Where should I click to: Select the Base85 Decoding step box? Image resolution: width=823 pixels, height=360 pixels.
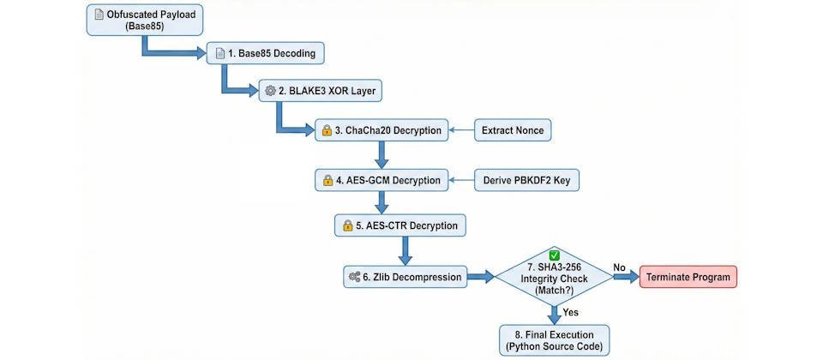coord(267,54)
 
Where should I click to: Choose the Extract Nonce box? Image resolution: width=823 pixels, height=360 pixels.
coord(512,131)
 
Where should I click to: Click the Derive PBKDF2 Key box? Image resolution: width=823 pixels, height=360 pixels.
coord(526,181)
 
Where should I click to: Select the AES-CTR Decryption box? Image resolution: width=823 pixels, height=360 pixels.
coord(401,226)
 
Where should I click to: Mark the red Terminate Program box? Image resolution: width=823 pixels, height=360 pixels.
coord(688,277)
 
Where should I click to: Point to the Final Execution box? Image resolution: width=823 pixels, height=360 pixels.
coord(556,339)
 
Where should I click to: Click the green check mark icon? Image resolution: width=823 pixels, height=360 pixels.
coord(555,256)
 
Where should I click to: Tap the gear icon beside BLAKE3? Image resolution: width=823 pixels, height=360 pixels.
coord(271,90)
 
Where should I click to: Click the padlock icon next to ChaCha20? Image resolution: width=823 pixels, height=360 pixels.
coord(326,131)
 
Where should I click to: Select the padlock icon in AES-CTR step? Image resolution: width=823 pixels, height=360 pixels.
coord(347,226)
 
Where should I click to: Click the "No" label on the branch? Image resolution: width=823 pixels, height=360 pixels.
coord(619,267)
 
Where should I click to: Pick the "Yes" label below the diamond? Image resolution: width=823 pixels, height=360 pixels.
coord(570,312)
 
